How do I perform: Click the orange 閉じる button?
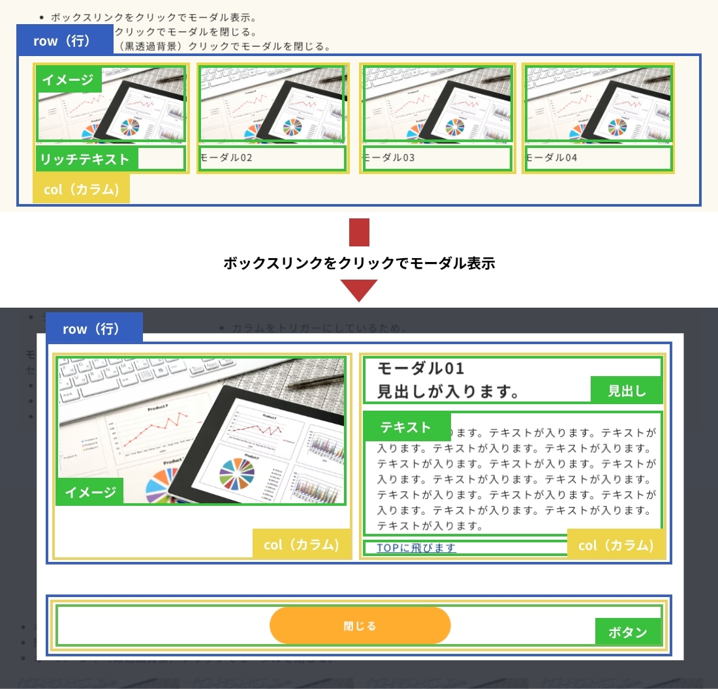point(360,626)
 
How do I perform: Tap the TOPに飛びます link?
point(416,548)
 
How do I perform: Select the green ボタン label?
point(627,632)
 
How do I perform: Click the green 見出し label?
point(627,390)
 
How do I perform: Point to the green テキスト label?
point(406,427)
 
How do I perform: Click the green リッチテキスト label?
point(85,159)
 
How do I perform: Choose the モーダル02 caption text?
point(226,158)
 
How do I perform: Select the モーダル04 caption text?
point(552,158)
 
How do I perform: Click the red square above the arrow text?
point(359,233)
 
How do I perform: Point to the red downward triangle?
point(359,289)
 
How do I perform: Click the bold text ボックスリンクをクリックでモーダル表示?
point(359,263)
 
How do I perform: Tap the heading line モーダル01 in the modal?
point(421,368)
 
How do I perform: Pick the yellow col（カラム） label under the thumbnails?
point(82,189)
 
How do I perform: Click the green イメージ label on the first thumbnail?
point(68,80)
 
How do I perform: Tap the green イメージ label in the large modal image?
point(89,492)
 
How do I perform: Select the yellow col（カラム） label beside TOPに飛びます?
point(616,545)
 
